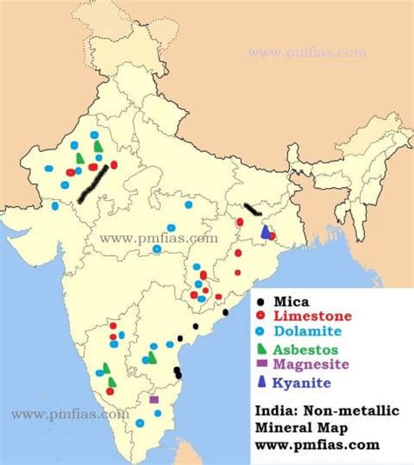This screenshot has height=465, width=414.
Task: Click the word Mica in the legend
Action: pos(291,301)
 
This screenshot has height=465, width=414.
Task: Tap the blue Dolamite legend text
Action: pos(308,331)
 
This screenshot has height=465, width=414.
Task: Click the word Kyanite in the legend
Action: pos(301,382)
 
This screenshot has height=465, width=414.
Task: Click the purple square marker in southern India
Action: pos(154,399)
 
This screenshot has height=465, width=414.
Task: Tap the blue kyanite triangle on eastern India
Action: pos(265,232)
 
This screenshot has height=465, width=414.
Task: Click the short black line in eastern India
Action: pos(252,210)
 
